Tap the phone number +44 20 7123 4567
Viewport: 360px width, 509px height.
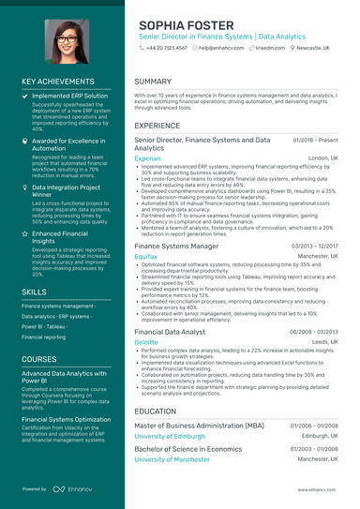(167, 47)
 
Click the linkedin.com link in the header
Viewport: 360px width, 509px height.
(270, 47)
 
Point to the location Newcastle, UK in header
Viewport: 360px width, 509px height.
(318, 47)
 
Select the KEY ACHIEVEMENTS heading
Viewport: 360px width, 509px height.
(57, 82)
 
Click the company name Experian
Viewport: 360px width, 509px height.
(147, 158)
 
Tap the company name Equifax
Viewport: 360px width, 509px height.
(145, 255)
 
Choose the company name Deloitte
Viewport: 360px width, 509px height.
(146, 342)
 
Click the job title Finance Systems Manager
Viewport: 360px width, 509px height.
(176, 245)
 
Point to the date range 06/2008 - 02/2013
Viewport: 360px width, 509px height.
(314, 332)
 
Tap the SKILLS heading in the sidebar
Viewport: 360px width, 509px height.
(35, 292)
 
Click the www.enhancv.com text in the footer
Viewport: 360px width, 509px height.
(318, 488)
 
